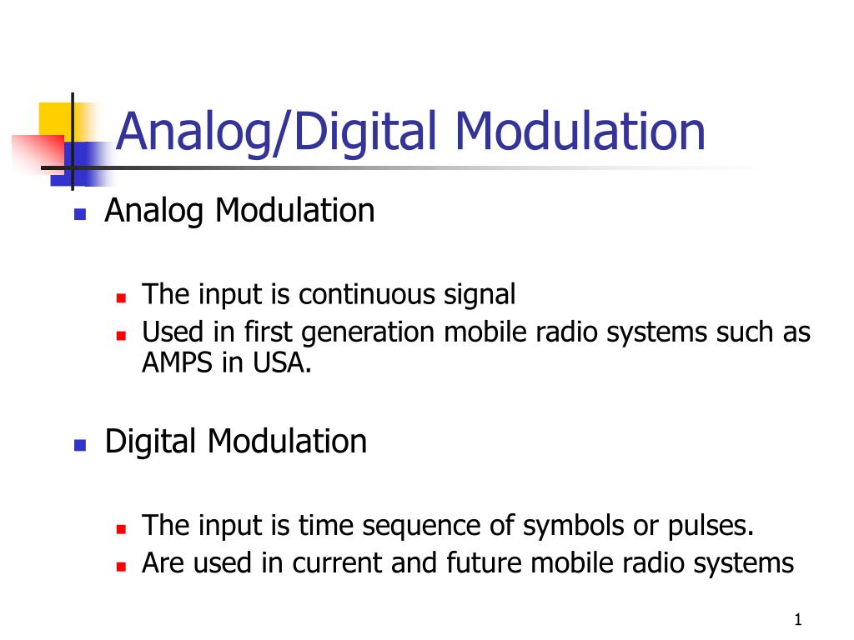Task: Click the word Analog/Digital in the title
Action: click(x=277, y=132)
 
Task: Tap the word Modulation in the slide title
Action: click(x=580, y=131)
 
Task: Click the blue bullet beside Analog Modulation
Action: click(x=80, y=214)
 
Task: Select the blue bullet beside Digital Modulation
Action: click(x=80, y=445)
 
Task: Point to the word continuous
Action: click(x=366, y=294)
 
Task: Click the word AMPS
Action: click(x=177, y=362)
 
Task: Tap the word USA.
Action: click(x=282, y=362)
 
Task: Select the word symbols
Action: click(x=573, y=526)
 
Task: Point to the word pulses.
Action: click(x=711, y=526)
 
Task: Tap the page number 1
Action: click(x=798, y=619)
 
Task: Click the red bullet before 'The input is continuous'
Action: click(x=121, y=297)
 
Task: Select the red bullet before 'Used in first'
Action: click(x=121, y=336)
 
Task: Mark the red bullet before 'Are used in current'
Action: click(x=121, y=567)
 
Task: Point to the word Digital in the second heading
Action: click(x=150, y=442)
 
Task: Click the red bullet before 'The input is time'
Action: click(x=121, y=528)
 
